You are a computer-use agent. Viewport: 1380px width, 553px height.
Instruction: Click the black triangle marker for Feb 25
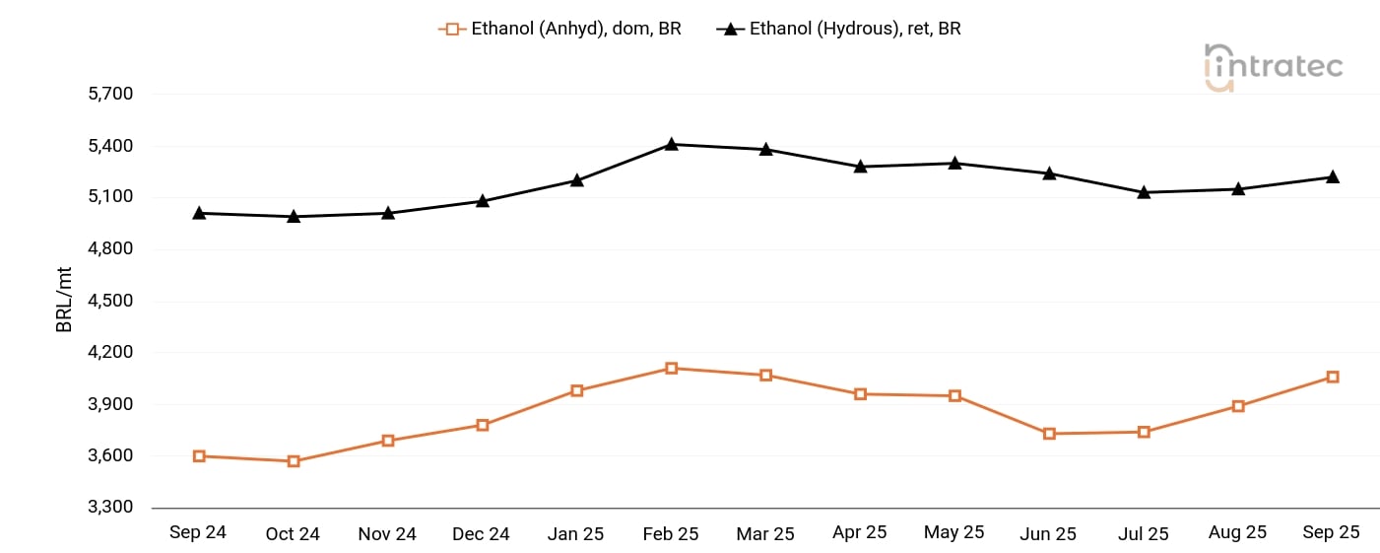click(672, 144)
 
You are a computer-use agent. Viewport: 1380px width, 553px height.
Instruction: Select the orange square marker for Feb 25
click(672, 369)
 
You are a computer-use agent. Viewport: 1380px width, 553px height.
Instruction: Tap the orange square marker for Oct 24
click(294, 461)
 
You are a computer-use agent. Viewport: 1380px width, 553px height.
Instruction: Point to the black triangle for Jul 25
click(1144, 192)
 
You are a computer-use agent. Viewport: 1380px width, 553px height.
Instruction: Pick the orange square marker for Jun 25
click(1049, 434)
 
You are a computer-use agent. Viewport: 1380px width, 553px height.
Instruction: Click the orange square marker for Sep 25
click(1333, 377)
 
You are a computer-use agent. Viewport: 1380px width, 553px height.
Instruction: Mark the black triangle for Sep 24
click(199, 213)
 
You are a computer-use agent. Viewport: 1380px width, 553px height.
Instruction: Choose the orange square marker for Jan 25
click(577, 390)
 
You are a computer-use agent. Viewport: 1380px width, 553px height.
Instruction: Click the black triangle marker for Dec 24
click(483, 200)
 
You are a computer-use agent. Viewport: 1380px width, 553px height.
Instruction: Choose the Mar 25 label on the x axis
click(765, 533)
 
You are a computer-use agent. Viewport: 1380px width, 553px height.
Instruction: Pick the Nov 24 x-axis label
click(387, 533)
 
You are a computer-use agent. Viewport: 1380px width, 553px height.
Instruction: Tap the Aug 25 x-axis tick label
click(1237, 532)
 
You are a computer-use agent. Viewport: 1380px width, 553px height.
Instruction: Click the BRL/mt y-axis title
click(65, 299)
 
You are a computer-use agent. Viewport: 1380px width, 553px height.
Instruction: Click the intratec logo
click(1273, 67)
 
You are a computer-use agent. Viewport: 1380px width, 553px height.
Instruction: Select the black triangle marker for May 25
click(954, 163)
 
